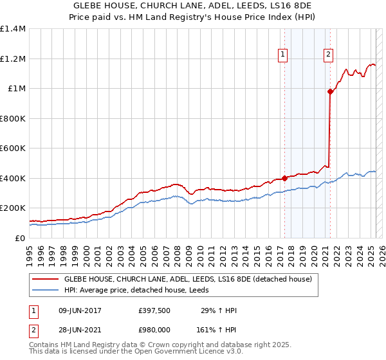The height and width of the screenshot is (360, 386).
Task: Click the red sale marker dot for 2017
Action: click(284, 179)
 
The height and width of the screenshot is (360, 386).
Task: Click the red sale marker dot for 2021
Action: click(330, 91)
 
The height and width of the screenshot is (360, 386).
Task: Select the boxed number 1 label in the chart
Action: click(283, 55)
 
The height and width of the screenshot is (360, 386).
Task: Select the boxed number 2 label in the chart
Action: click(328, 55)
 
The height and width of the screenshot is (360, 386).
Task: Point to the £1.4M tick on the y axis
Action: click(13, 29)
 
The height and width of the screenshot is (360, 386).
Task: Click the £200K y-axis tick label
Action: click(13, 208)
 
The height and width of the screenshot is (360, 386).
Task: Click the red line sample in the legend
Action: click(45, 279)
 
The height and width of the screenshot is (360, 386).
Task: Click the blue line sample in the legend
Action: click(45, 290)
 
